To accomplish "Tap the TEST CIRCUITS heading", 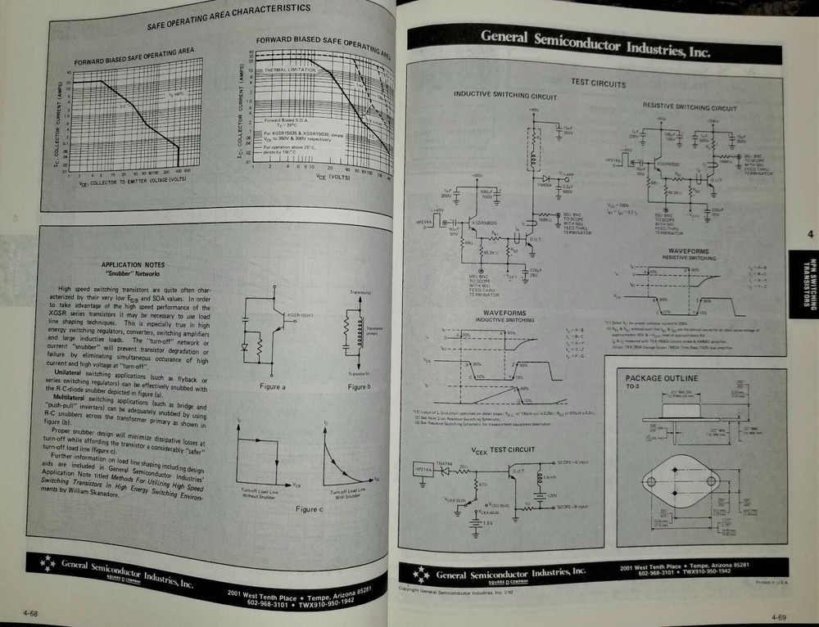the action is (597, 83).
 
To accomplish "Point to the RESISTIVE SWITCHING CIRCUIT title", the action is (689, 107).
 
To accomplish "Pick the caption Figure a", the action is (273, 386).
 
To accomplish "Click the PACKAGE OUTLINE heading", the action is (661, 378).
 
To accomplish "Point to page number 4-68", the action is (33, 610).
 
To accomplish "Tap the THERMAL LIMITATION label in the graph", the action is (287, 71).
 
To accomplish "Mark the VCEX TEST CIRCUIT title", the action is (503, 450).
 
